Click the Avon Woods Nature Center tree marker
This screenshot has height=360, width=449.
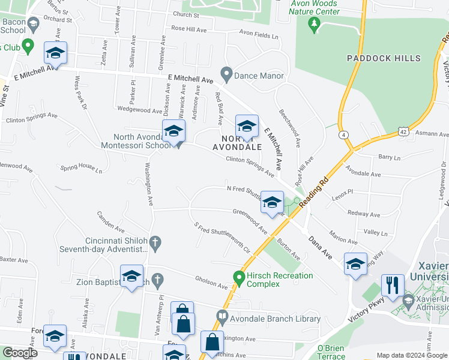point(313,24)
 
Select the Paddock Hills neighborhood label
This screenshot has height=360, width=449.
point(384,58)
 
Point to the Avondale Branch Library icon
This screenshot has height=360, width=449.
point(222,316)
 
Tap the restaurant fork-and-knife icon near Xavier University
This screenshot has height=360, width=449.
point(393,285)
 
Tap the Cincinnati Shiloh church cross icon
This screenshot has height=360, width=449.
point(155,242)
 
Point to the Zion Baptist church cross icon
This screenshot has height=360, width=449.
point(157,280)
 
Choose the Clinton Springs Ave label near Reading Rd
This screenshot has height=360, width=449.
point(250,166)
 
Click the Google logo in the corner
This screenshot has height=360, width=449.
point(19,353)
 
